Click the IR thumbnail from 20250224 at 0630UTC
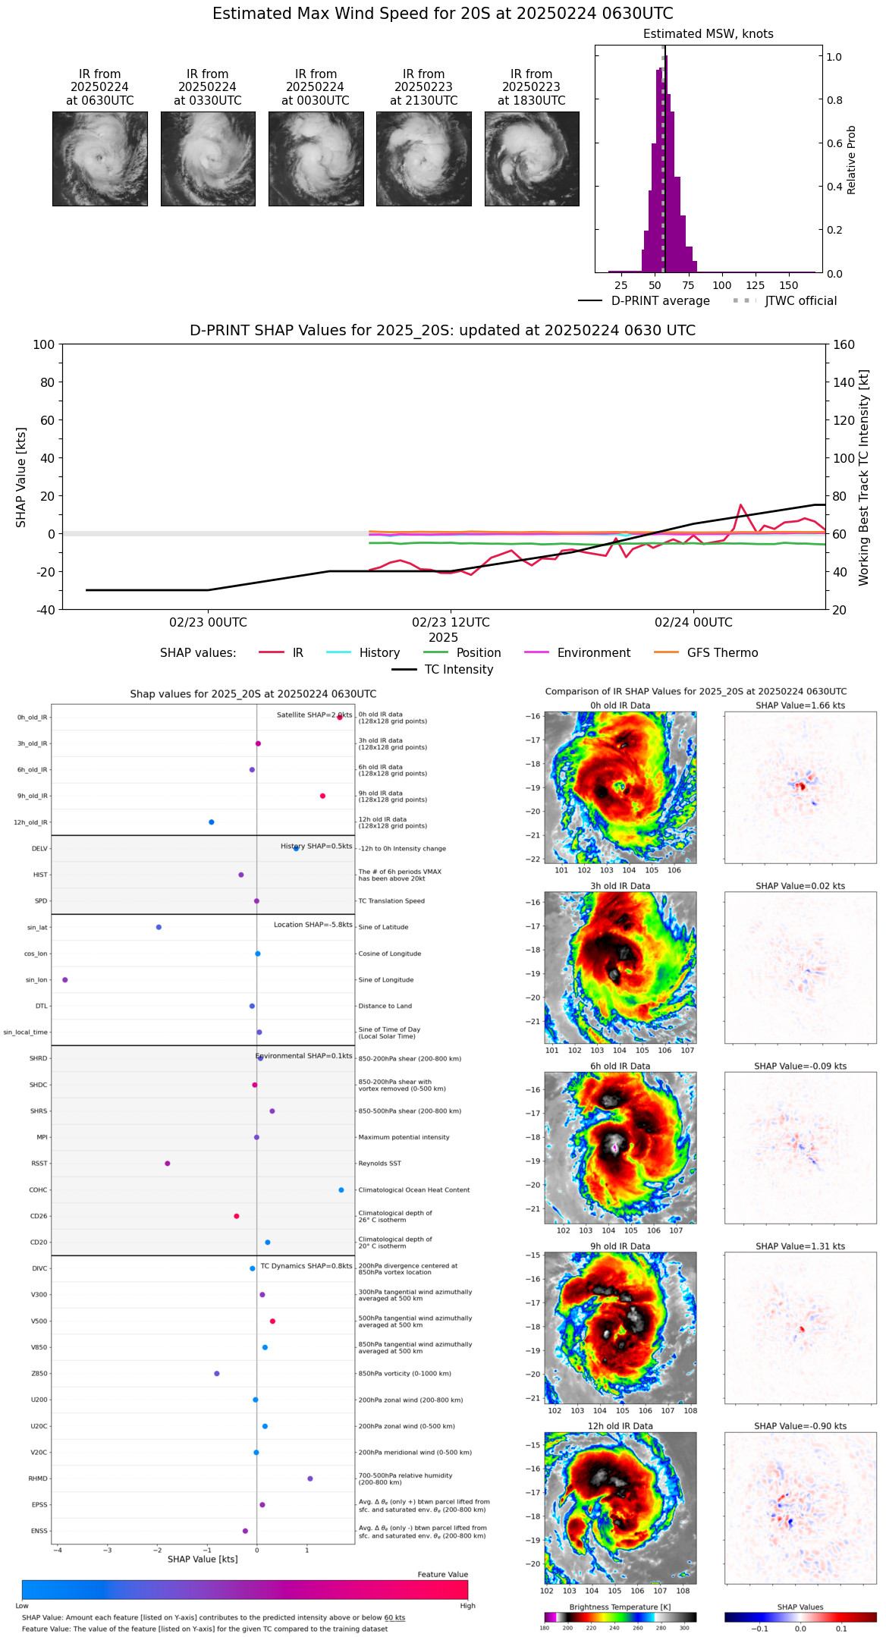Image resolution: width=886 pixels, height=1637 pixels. [x=99, y=159]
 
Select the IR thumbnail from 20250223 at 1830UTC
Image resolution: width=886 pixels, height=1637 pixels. [x=532, y=159]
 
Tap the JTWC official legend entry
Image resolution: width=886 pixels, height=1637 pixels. [x=800, y=301]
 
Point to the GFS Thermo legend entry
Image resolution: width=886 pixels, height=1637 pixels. [x=721, y=653]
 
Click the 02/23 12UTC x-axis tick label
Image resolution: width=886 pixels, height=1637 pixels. [x=451, y=623]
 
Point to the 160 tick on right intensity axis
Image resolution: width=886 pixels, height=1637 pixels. [x=844, y=344]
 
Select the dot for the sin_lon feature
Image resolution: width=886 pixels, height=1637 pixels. [x=65, y=980]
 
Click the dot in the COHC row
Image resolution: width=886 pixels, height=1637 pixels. [x=341, y=1190]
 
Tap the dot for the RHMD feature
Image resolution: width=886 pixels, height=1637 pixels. [x=310, y=1478]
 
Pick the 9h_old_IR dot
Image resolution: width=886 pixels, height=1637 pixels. [x=322, y=796]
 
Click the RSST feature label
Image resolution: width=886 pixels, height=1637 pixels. [x=39, y=1164]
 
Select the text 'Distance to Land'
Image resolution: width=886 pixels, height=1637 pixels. [x=385, y=1007]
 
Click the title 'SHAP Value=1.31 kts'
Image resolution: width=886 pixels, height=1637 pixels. [x=800, y=1246]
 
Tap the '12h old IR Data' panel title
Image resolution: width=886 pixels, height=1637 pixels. [x=620, y=1426]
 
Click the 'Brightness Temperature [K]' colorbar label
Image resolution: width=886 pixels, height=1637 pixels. [x=620, y=1607]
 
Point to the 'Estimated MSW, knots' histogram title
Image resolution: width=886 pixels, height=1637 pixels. [x=708, y=34]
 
